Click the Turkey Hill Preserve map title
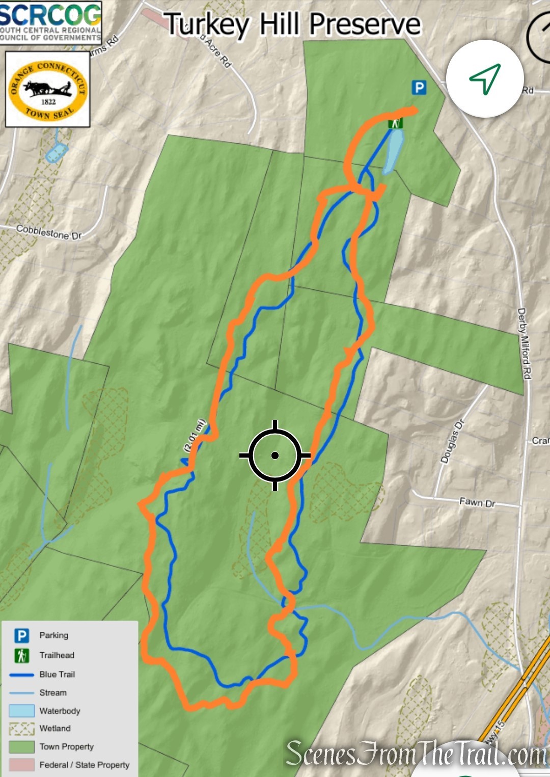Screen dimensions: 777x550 292,24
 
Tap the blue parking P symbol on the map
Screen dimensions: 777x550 419,88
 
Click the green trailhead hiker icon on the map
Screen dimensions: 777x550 395,123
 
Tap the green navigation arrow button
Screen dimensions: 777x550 485,78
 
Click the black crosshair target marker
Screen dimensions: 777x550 275,456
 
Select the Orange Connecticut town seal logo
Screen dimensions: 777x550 48,90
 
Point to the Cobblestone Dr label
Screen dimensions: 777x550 49,232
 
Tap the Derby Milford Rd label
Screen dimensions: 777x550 524,343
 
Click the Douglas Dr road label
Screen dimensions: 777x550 452,441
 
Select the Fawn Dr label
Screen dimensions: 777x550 477,503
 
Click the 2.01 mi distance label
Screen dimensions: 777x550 194,436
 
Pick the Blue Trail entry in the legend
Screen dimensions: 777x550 57,674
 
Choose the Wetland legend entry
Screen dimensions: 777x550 55,728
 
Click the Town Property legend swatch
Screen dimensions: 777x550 21,747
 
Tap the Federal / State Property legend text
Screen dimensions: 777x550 84,765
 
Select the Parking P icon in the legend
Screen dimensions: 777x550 21,635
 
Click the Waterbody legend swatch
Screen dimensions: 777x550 21,711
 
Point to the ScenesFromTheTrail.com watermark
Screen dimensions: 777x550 416,754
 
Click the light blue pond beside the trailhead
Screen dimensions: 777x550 394,150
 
